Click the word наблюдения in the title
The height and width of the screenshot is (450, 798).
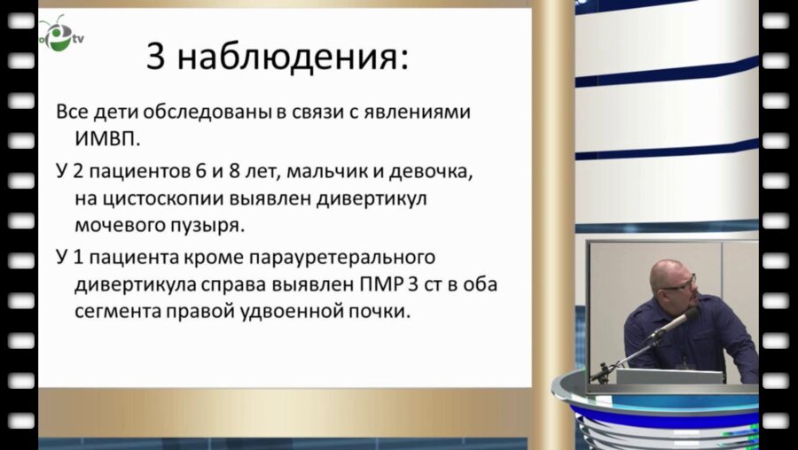pyautogui.click(x=293, y=58)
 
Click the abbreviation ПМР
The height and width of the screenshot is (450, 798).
pyautogui.click(x=361, y=284)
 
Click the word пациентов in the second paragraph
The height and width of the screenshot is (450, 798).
pyautogui.click(x=129, y=170)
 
